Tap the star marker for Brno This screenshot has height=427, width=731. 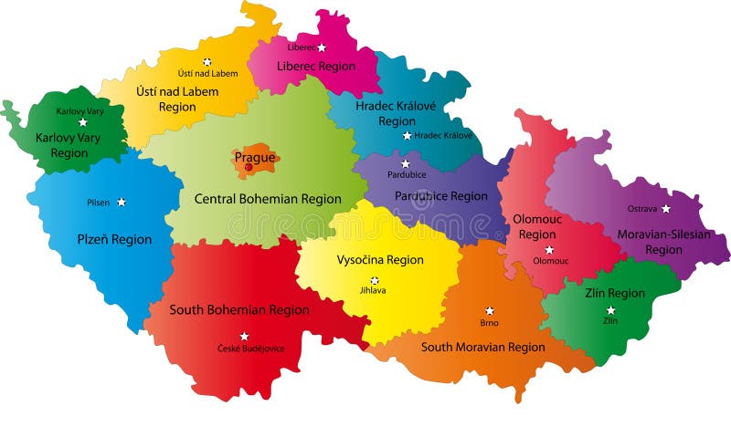pos(489,311)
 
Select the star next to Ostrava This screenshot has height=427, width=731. pos(665,209)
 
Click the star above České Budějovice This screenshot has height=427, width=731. pos(244,336)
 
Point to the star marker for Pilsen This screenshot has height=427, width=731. pos(121,203)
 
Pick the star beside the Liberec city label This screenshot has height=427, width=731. pos(321,47)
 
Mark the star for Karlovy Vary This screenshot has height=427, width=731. pos(82,122)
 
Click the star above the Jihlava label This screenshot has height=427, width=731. pos(374,280)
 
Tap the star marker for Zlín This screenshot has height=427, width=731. pos(610,310)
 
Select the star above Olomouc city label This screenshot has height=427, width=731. pos(549,249)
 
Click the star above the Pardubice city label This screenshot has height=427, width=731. pos(406,163)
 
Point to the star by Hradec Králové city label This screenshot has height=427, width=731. pos(407,136)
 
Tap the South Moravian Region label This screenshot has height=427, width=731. pos(482,347)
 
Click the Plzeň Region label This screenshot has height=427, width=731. pos(114,240)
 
